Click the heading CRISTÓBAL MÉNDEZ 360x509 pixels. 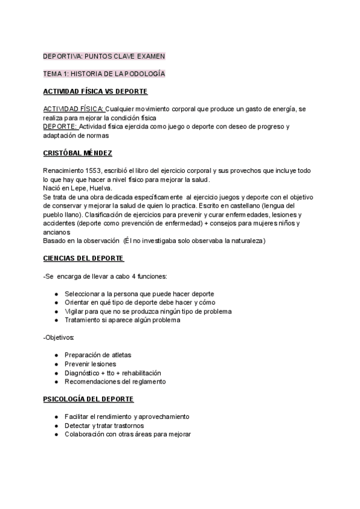point(77,154)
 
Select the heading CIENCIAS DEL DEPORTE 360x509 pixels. point(83,258)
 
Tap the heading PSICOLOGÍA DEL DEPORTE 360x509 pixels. point(88,399)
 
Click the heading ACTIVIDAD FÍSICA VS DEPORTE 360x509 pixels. point(95,91)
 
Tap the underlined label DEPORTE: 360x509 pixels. point(60,127)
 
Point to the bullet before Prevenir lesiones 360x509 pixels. point(56,364)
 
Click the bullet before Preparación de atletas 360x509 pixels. point(56,355)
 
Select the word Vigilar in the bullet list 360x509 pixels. point(76,312)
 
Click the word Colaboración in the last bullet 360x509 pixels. point(86,434)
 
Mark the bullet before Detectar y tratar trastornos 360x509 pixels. point(56,426)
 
